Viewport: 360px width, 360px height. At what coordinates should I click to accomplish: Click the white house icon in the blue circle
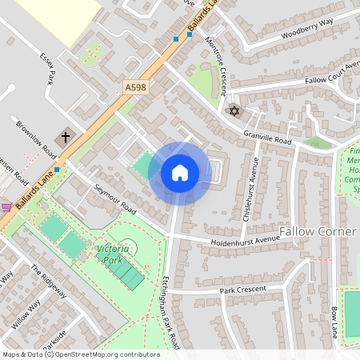(x=180, y=173)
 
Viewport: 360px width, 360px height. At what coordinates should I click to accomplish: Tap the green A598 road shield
(x=136, y=86)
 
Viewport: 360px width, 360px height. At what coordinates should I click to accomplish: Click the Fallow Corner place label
(x=317, y=231)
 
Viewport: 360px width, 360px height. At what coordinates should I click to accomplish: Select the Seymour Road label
(x=116, y=197)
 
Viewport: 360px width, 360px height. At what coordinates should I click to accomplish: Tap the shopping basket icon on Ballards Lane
(x=6, y=207)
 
